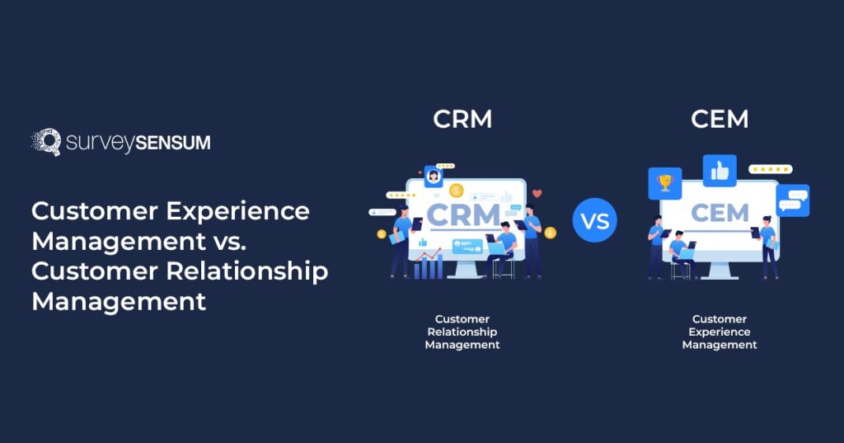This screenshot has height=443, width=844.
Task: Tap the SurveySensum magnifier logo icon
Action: (46, 142)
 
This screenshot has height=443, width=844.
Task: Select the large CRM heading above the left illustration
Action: (462, 120)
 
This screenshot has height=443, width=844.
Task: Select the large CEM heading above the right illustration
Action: (719, 120)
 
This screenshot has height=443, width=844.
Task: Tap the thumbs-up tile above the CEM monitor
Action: (720, 171)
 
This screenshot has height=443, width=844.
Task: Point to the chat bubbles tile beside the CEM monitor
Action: (793, 200)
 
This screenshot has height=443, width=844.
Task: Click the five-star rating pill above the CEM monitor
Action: (770, 169)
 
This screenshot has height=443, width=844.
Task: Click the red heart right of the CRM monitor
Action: (537, 194)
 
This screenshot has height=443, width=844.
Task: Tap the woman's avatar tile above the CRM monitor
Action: (433, 176)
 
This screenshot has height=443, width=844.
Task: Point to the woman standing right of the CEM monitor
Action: (768, 246)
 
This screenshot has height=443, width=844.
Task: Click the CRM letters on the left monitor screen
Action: (463, 216)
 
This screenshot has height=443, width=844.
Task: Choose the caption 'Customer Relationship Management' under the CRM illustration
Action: (462, 332)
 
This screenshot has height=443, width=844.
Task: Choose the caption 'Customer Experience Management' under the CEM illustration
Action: (720, 332)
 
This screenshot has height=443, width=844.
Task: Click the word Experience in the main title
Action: (239, 211)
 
